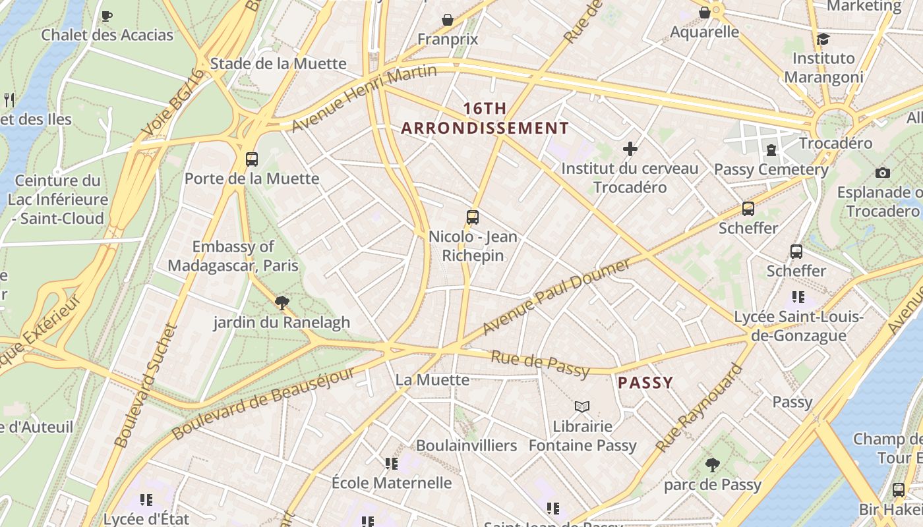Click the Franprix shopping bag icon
pyautogui.click(x=448, y=20)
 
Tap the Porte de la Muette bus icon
pyautogui.click(x=251, y=159)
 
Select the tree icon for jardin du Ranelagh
pyautogui.click(x=282, y=303)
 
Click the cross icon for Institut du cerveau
pyautogui.click(x=630, y=149)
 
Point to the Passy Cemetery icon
pyautogui.click(x=771, y=150)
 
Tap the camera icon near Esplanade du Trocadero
pyautogui.click(x=882, y=173)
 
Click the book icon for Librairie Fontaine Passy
pyautogui.click(x=581, y=406)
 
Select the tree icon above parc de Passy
pyautogui.click(x=712, y=465)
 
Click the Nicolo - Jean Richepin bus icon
pyautogui.click(x=472, y=217)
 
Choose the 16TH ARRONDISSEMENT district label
pyautogui.click(x=485, y=119)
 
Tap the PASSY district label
pyautogui.click(x=645, y=383)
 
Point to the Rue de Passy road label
pyautogui.click(x=540, y=364)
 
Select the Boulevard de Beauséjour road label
pyautogui.click(x=264, y=402)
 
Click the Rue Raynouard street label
pyautogui.click(x=700, y=408)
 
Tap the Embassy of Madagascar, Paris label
pyautogui.click(x=233, y=256)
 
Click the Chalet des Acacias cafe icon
pyautogui.click(x=106, y=16)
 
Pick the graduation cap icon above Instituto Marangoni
pyautogui.click(x=822, y=39)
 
